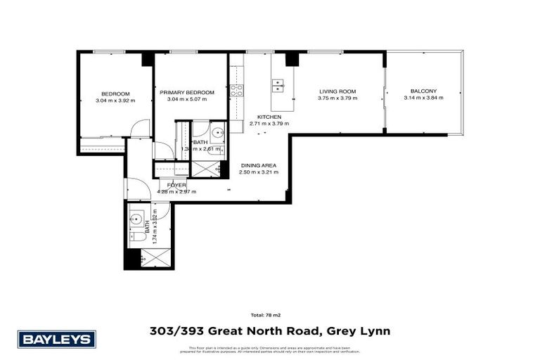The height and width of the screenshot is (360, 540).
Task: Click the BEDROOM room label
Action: [x=115, y=94]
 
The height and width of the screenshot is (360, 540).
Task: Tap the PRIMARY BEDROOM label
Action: [x=186, y=92]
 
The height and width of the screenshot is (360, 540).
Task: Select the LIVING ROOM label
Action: [x=337, y=91]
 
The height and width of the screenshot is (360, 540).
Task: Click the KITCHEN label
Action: [x=269, y=117]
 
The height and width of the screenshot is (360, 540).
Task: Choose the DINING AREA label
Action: [x=258, y=166]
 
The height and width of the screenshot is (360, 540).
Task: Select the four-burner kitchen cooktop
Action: [x=237, y=89]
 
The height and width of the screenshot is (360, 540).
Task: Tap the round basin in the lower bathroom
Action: [x=137, y=218]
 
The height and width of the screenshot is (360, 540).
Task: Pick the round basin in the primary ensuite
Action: [x=216, y=131]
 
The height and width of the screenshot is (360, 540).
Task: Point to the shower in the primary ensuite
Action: [x=205, y=169]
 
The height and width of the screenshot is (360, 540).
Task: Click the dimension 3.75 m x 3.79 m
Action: [x=337, y=98]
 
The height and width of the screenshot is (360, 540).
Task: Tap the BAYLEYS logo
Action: [x=57, y=340]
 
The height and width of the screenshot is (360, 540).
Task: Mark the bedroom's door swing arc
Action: [x=141, y=129]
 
